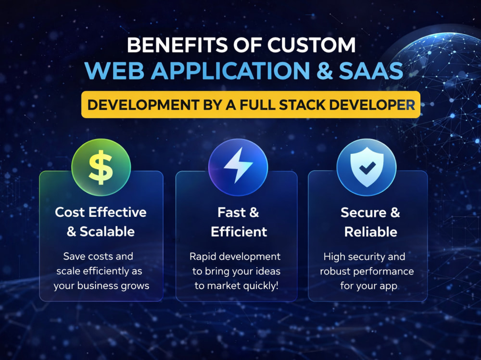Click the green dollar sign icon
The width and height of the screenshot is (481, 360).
coord(101,167)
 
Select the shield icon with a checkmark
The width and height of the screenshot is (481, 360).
coord(367,167)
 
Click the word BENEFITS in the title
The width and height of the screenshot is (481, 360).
coord(177,45)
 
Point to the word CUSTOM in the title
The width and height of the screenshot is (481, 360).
coord(311,45)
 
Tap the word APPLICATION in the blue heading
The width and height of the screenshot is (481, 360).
coord(230,71)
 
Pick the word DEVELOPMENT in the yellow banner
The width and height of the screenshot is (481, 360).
coord(143,105)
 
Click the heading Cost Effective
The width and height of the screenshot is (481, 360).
coord(101,212)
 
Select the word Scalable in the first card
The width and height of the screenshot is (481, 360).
coord(107,232)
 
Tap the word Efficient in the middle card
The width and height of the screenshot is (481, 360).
coord(239,232)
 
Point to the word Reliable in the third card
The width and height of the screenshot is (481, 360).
coord(370,232)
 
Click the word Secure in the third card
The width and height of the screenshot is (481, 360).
coord(363,212)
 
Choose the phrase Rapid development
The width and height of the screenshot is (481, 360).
coord(235,257)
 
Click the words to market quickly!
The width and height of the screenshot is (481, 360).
coord(237,286)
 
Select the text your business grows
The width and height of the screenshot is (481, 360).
coord(101,286)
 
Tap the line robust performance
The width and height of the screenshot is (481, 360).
coord(367,272)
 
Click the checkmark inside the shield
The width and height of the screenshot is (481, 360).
coord(367,168)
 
